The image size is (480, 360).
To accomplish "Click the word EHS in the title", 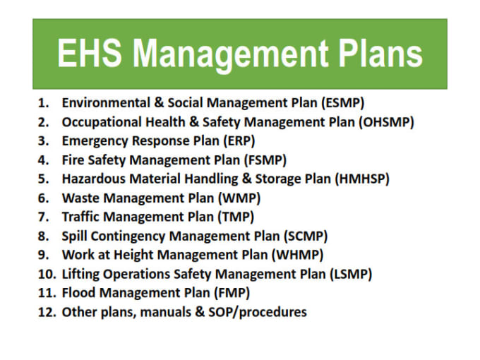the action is [90, 53].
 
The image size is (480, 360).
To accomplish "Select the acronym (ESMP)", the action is [343, 103].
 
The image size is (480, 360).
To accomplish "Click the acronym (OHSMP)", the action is [386, 122].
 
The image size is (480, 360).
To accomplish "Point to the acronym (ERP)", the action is [239, 141].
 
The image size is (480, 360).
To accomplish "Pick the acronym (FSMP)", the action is [265, 160].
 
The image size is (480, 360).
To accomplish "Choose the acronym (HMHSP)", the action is [362, 179].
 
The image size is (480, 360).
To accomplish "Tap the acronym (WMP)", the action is [239, 198].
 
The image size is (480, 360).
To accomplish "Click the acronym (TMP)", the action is [236, 217].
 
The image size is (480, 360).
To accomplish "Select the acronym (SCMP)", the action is [306, 236].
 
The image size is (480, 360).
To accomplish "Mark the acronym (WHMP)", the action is [298, 255].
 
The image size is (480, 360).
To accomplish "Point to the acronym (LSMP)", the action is [351, 275].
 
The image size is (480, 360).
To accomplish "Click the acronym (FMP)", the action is [232, 293].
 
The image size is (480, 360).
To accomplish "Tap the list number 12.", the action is [47, 312].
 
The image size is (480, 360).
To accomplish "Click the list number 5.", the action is [44, 179].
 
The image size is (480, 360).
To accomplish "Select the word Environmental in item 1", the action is [106, 103].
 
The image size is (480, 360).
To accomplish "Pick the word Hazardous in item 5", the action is [94, 179].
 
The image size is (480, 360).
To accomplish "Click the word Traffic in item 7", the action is [82, 217].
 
